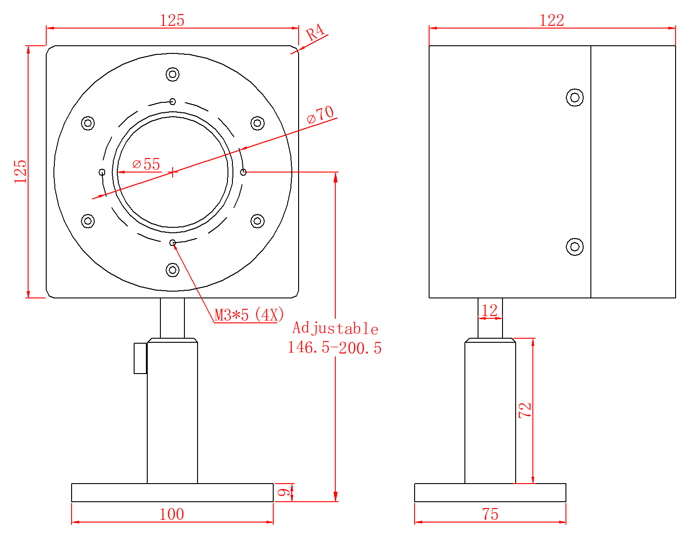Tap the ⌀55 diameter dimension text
tap(146, 164)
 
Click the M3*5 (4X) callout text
tap(249, 315)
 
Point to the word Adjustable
tap(335, 328)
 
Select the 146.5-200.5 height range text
tap(335, 348)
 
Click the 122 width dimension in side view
tap(551, 20)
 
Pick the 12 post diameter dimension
tap(490, 311)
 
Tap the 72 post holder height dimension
tap(525, 410)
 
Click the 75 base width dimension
tap(490, 514)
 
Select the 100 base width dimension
tap(172, 514)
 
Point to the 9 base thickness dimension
tap(283, 492)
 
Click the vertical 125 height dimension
tap(21, 171)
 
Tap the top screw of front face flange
tap(173, 74)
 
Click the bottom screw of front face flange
tap(173, 270)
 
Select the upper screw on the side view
tap(575, 97)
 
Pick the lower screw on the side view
tap(575, 247)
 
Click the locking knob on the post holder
tap(140, 358)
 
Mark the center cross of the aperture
tap(173, 172)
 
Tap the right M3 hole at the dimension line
tap(243, 172)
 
